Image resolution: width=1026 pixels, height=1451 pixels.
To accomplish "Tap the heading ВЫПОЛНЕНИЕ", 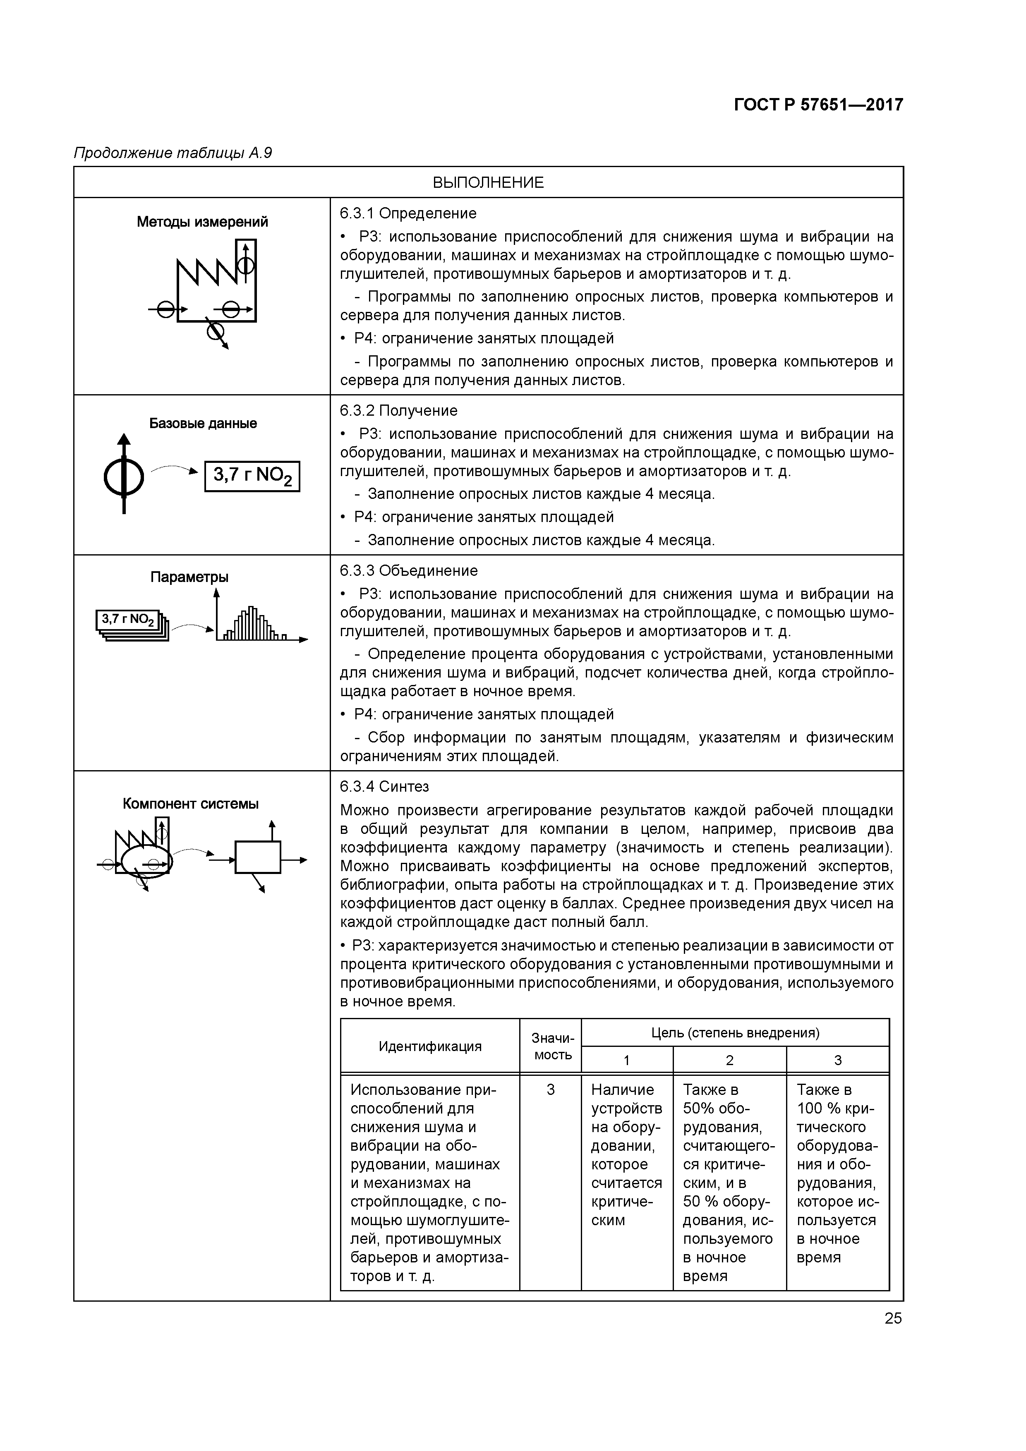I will coord(488,183).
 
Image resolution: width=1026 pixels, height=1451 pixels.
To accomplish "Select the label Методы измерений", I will coord(202,222).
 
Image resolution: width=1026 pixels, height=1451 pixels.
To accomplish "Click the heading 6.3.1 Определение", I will coord(408,213).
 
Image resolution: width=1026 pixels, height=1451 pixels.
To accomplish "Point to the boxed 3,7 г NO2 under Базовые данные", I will coord(252,476).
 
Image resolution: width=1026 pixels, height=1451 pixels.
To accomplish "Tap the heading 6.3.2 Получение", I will coord(398,411).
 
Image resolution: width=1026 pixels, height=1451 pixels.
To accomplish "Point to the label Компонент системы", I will coord(191,804).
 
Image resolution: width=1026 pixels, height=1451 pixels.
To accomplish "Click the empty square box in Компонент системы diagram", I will coord(257,857).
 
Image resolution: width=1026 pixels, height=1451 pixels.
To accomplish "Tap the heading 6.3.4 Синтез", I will coord(384,787).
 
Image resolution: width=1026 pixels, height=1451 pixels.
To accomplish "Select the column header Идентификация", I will coord(430,1046).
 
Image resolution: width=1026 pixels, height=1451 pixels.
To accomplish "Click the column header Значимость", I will coord(551,1046).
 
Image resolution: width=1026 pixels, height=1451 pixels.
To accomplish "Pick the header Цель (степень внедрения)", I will coord(735,1033).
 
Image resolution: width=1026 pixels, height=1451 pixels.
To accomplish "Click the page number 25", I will coord(893,1318).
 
